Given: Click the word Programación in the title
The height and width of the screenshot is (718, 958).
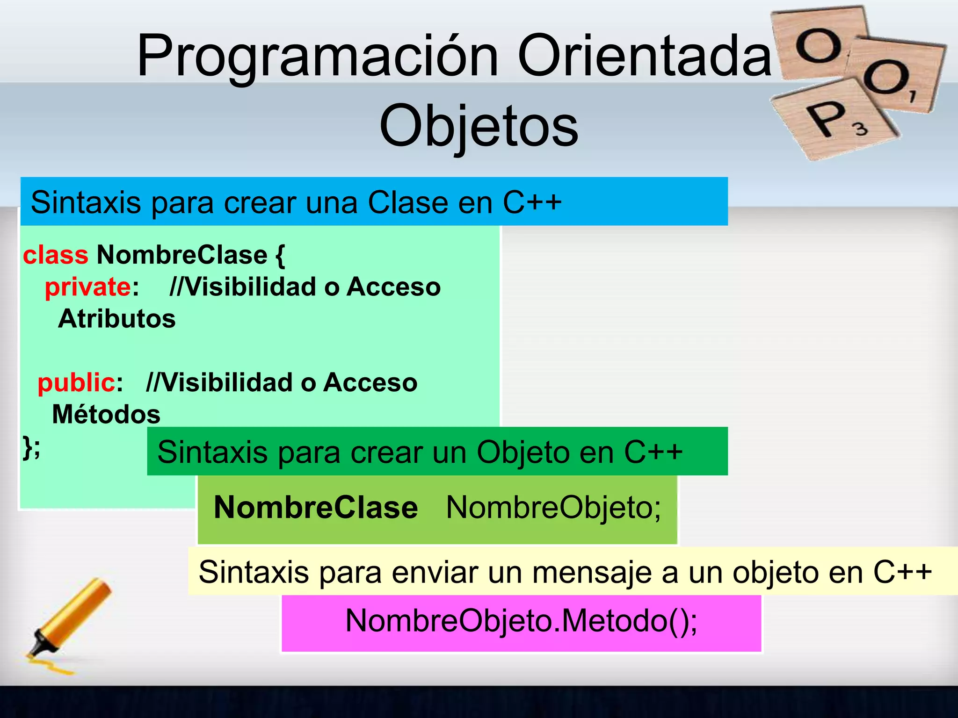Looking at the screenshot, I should coord(317,56).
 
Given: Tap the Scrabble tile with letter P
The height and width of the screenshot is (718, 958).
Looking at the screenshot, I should coord(833,119).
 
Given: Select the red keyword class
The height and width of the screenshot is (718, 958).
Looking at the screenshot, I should coord(56,255).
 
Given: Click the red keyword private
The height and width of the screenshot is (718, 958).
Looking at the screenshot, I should coord(88,287).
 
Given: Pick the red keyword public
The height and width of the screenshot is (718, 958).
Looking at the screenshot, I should coord(76,382).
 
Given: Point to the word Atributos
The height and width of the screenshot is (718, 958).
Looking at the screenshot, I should coord(117,319).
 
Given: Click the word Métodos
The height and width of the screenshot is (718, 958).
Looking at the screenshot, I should coord(106,415).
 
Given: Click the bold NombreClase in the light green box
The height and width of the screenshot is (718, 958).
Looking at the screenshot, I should coord(316,508).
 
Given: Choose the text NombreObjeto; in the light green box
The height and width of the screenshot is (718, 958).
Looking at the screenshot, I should coord(553,508).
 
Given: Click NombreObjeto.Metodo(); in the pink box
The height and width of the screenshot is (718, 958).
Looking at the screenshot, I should coord(521,621).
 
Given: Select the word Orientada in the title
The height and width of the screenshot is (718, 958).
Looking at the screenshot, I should coord(644,56).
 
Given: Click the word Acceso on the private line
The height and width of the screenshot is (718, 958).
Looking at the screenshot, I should coord(393,287).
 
